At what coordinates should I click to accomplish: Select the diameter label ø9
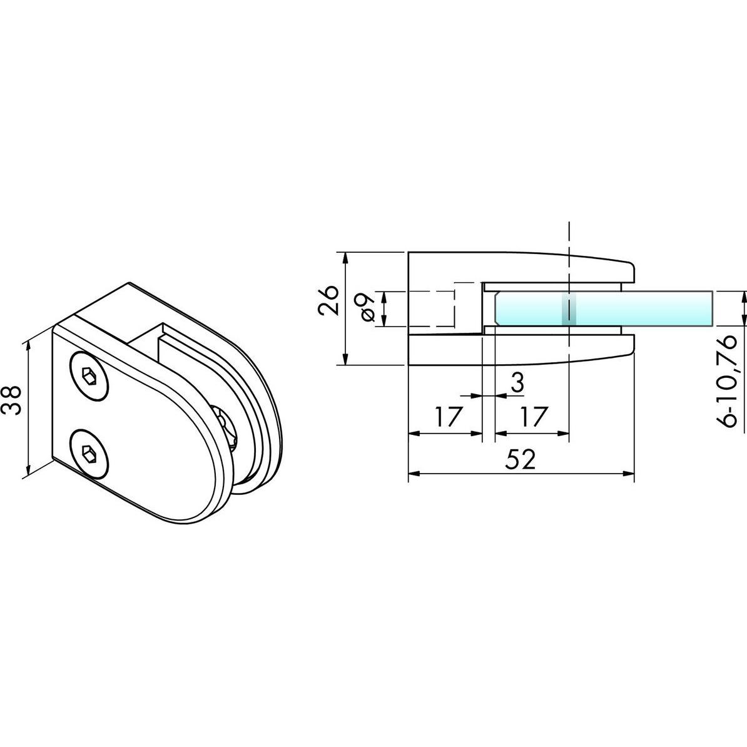click(x=368, y=308)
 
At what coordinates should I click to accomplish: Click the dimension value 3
click(x=516, y=383)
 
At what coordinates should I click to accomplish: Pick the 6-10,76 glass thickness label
click(x=731, y=380)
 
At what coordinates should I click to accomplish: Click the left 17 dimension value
click(x=447, y=416)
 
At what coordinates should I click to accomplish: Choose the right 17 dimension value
click(x=532, y=416)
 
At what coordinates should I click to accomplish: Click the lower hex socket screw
click(x=88, y=452)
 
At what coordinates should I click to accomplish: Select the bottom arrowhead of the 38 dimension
click(x=28, y=471)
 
